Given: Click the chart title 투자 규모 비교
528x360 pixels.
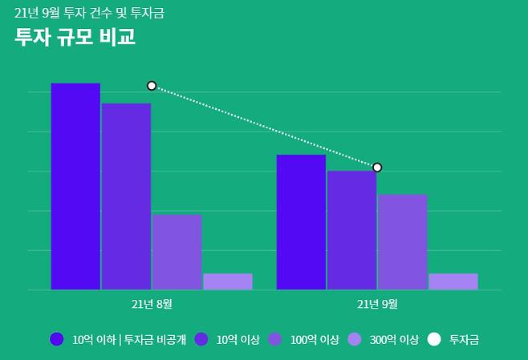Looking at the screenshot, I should [x=75, y=37].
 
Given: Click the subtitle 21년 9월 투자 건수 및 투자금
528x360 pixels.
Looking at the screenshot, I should [x=90, y=13].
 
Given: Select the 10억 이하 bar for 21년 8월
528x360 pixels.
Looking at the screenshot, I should [x=75, y=186].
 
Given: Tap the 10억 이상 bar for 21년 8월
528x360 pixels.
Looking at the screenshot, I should [x=126, y=196].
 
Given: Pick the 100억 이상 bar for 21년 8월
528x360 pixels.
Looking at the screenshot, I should [x=177, y=252].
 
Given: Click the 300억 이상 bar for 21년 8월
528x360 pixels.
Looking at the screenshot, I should [x=227, y=281].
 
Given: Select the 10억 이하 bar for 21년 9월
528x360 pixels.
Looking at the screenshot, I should [x=301, y=222].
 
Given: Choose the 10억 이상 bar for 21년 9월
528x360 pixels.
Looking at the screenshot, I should [x=351, y=230].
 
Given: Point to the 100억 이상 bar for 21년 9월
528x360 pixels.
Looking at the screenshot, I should [x=402, y=242].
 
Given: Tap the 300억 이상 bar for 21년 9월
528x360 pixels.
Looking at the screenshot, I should [x=453, y=281].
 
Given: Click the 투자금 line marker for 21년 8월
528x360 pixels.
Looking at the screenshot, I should [x=152, y=86].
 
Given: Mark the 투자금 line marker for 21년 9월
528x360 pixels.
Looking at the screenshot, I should [x=377, y=168].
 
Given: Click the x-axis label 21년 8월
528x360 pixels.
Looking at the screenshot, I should [x=152, y=304].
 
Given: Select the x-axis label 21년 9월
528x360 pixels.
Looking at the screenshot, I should [x=377, y=304].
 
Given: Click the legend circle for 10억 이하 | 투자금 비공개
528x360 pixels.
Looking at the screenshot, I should [x=56, y=339].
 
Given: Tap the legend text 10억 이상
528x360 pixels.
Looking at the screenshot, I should [x=238, y=339].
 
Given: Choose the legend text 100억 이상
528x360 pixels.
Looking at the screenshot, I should [x=315, y=339].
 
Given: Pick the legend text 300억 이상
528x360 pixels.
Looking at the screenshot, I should [x=394, y=339].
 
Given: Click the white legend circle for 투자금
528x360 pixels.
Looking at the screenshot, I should [x=434, y=339].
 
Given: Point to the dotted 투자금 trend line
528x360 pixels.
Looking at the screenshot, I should [x=265, y=127].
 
